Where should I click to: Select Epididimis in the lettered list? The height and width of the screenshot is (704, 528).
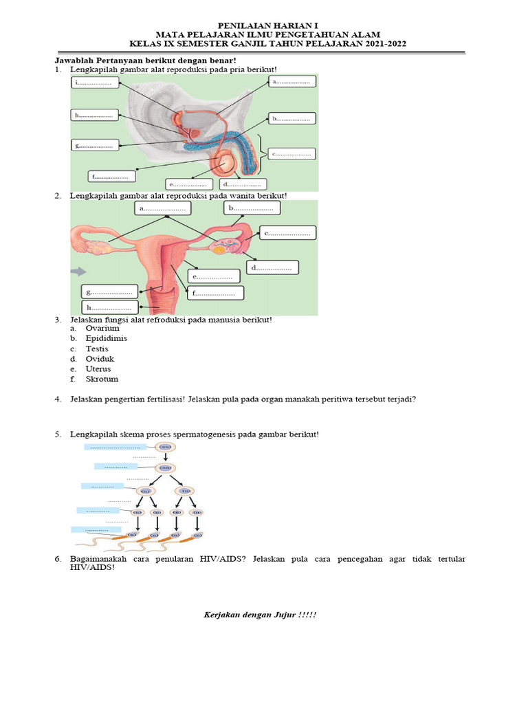tap(106, 338)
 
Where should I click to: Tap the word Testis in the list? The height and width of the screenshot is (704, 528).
tap(96, 349)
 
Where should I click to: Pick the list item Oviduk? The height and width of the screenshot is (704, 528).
tap(100, 359)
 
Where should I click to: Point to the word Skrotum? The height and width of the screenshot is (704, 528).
tap(102, 379)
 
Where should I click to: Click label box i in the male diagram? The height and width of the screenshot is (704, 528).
tap(95, 82)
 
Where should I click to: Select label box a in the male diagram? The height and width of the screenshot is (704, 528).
tap(292, 82)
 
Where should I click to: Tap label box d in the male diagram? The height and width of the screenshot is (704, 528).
tap(243, 184)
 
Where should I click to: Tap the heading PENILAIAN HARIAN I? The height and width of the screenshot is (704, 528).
tap(264, 24)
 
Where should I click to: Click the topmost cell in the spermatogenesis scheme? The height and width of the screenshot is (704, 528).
tap(165, 446)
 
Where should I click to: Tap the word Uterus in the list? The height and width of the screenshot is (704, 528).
tap(98, 368)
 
